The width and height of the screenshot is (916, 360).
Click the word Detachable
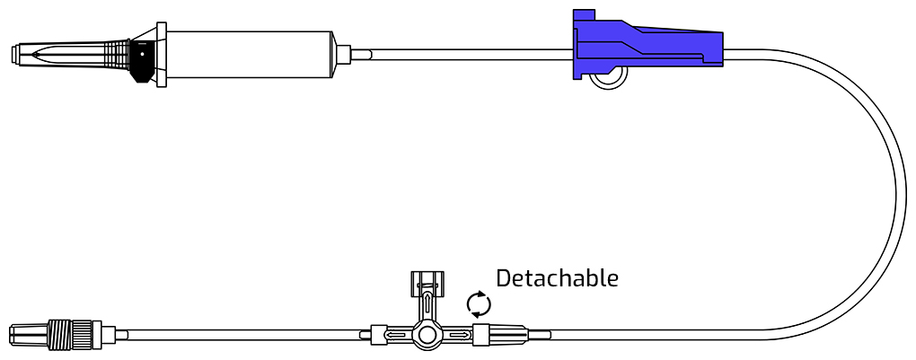click(x=557, y=278)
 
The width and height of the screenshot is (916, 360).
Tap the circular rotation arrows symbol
click(x=479, y=304)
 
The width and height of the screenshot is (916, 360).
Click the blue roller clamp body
click(x=647, y=44)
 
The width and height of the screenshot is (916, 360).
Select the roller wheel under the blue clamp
click(x=608, y=76)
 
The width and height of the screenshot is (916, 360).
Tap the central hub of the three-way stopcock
click(x=427, y=336)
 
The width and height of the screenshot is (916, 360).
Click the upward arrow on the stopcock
click(x=428, y=305)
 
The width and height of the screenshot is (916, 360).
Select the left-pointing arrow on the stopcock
click(x=397, y=336)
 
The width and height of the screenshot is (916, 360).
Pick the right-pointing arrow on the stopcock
click(x=458, y=336)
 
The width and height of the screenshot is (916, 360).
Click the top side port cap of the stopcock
click(x=427, y=279)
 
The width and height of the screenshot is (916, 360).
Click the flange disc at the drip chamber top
click(x=162, y=55)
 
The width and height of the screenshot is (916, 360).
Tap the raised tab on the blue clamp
click(x=585, y=14)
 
